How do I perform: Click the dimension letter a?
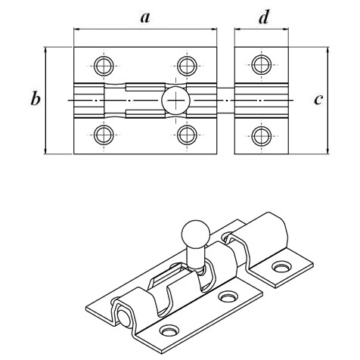click(x=145, y=18)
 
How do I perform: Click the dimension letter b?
click(x=36, y=98)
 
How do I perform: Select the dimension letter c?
click(x=318, y=100)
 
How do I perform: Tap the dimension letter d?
click(x=264, y=17)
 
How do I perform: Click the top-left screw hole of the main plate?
click(x=104, y=66)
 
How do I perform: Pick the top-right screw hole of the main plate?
click(x=187, y=66)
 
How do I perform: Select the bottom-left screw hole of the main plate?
click(x=104, y=135)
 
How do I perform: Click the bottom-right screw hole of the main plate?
click(x=187, y=135)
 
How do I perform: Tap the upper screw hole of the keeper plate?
click(x=262, y=65)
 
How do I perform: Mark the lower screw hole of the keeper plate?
click(x=262, y=136)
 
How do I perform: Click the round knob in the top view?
click(x=175, y=101)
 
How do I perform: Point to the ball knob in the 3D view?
click(x=196, y=234)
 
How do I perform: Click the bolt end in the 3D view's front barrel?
click(x=124, y=319)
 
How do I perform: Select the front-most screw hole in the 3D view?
click(x=169, y=331)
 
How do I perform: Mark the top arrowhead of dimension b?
click(x=45, y=50)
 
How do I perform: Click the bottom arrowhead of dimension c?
click(x=328, y=151)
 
